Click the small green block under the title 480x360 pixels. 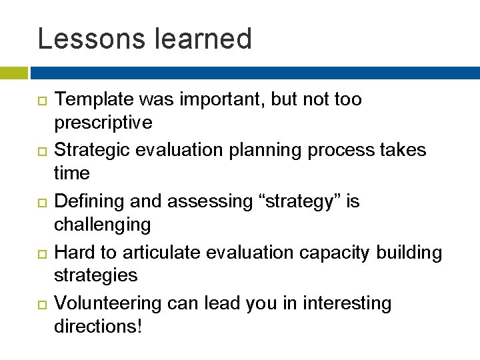[x=14, y=73]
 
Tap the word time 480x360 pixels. [x=71, y=174]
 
